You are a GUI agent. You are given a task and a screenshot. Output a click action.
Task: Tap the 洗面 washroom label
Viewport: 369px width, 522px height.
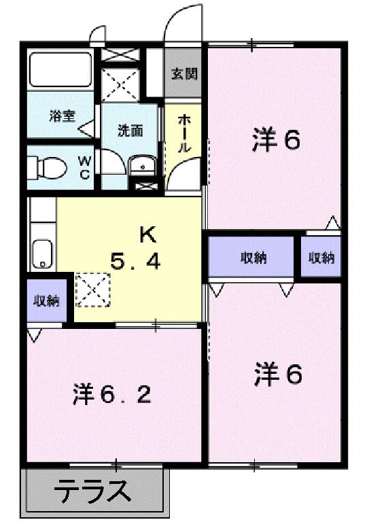[130, 131]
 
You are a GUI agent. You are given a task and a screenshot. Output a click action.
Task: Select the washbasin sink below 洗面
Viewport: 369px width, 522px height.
[142, 164]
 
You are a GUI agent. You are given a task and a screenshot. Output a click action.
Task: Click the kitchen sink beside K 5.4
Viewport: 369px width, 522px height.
[43, 254]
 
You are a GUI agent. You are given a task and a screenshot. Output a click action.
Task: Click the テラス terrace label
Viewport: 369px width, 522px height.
[92, 491]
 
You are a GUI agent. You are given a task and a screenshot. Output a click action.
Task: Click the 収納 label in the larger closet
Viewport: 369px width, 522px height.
[252, 257]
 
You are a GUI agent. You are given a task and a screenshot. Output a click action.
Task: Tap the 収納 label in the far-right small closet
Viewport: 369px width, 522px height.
[321, 257]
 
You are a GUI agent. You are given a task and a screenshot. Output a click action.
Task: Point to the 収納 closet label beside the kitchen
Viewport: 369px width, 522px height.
[48, 300]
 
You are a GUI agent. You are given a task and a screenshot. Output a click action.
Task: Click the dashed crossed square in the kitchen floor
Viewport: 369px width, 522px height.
[92, 288]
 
